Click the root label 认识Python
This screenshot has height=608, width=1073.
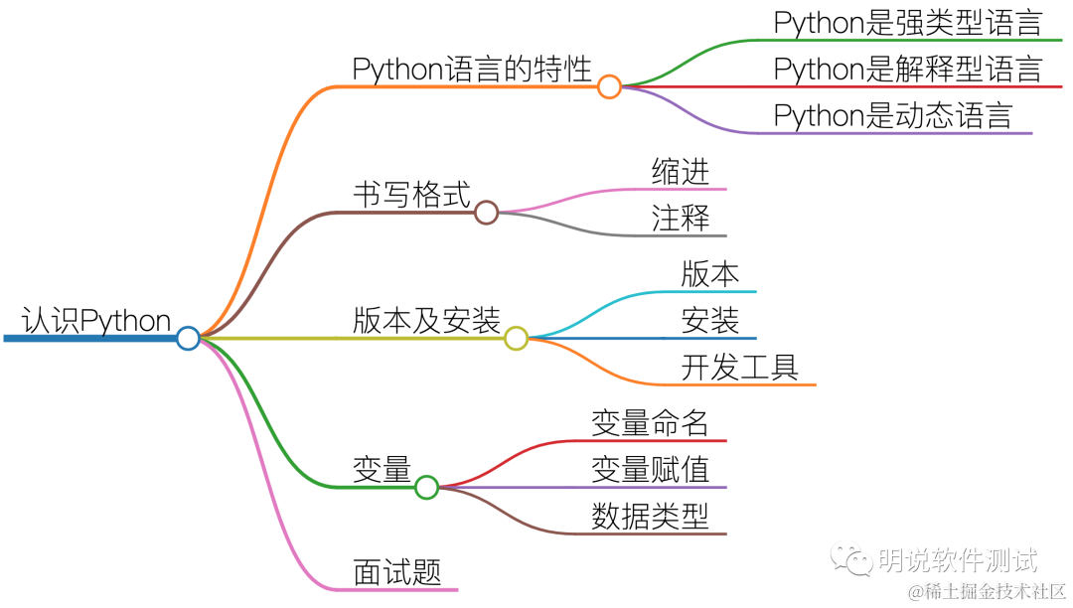point(96,321)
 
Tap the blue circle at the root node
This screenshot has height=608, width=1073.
point(188,339)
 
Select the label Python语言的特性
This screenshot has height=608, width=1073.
point(472,70)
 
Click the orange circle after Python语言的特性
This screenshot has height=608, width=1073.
point(609,86)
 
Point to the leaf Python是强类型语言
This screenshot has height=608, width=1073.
point(907,23)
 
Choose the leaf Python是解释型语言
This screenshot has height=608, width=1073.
point(907,70)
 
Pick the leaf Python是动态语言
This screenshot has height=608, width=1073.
point(892,115)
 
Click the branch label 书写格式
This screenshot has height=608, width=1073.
point(411,195)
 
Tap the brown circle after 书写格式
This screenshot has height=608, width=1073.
point(486,213)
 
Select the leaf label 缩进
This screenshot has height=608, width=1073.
point(681,171)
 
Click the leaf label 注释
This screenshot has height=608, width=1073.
point(681,218)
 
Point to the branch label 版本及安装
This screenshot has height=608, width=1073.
point(426,321)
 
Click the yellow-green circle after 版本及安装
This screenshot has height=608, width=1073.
point(516,339)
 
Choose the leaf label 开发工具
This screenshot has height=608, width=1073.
point(739,367)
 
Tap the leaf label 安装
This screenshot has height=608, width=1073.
point(710,321)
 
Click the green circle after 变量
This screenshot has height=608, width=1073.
point(426,487)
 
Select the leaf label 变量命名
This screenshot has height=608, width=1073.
point(650,423)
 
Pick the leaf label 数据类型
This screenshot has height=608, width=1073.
point(650,516)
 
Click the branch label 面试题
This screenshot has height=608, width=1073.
point(396,572)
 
